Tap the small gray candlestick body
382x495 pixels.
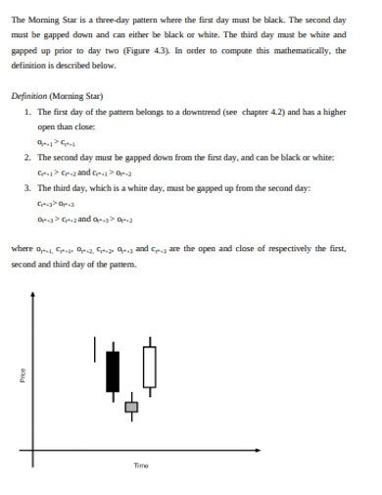[x=131, y=407]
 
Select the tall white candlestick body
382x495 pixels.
[x=149, y=367]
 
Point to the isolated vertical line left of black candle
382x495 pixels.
[x=95, y=348]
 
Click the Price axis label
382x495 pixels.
[x=23, y=375]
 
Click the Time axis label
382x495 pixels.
[x=141, y=466]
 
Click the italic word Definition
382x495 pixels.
[x=32, y=96]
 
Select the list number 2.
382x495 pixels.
[x=27, y=157]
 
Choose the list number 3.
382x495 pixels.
[x=27, y=186]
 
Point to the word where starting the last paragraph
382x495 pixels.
[x=22, y=249]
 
